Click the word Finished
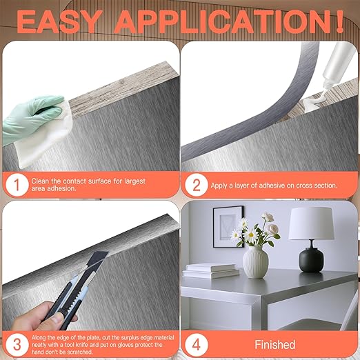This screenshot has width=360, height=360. tap(274, 344)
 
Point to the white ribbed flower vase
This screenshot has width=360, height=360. tap(255, 262)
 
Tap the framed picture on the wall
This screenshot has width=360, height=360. tap(228, 223)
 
